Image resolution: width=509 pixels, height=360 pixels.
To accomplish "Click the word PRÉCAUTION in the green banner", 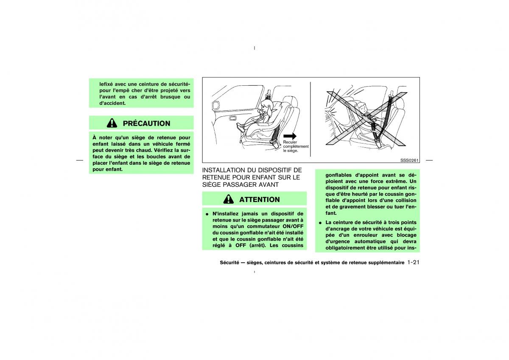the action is click(x=146, y=123).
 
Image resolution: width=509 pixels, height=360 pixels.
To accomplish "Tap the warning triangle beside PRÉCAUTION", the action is click(x=112, y=123).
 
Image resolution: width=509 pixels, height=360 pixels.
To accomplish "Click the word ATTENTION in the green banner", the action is click(x=260, y=200).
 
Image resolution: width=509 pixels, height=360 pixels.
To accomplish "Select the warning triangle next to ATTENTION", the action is click(x=228, y=199).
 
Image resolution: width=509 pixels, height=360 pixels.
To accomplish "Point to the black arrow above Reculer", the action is click(x=290, y=136).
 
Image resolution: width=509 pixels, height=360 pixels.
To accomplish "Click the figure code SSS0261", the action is click(x=409, y=160).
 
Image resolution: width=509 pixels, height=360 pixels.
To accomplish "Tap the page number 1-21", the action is click(x=413, y=262).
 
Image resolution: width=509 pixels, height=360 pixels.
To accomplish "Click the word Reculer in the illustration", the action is click(x=290, y=142).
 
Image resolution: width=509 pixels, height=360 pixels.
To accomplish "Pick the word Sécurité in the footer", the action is click(x=229, y=262).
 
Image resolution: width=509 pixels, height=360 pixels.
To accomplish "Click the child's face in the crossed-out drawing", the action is click(x=363, y=108).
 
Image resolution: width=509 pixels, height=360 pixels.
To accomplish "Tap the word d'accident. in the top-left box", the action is click(x=112, y=103).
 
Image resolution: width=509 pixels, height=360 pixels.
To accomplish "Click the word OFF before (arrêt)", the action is click(x=241, y=245).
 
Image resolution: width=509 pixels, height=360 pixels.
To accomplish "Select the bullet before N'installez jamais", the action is click(x=207, y=214).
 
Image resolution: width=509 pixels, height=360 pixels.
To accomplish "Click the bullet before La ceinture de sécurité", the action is click(x=320, y=223).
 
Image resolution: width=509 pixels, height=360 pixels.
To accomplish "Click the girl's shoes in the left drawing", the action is click(x=241, y=127).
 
